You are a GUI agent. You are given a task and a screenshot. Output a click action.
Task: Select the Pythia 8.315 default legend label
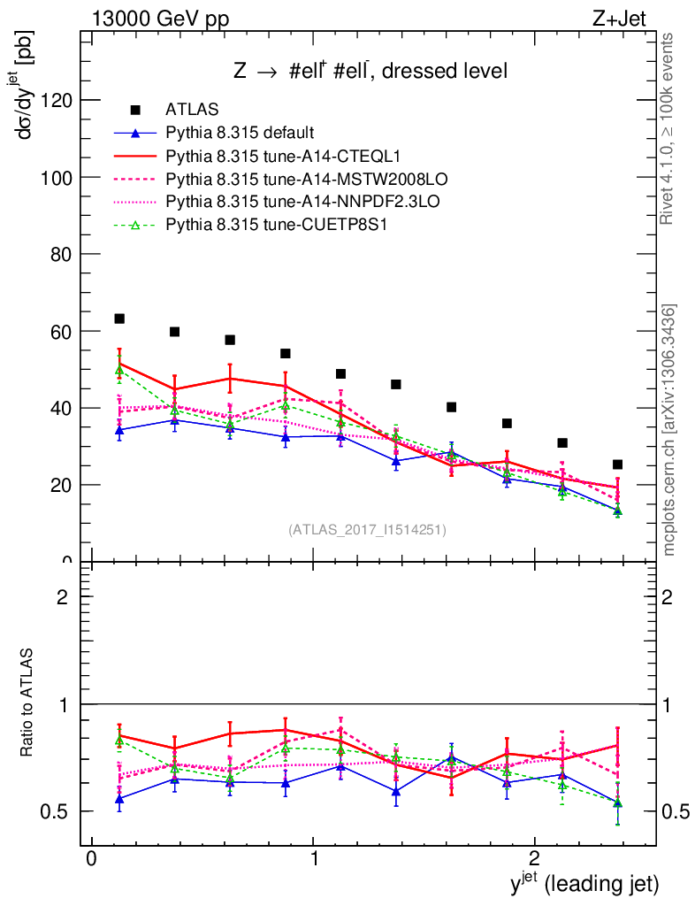click(240, 134)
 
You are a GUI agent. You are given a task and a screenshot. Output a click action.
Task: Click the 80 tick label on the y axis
click(60, 254)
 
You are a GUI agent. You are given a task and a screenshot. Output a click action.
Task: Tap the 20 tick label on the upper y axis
click(60, 485)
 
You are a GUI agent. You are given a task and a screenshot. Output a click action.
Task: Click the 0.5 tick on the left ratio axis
click(54, 811)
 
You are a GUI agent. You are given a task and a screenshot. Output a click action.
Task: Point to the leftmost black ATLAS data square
click(119, 319)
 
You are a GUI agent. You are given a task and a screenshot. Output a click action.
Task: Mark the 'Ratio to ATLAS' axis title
click(27, 703)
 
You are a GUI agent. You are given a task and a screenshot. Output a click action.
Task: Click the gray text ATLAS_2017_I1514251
click(367, 530)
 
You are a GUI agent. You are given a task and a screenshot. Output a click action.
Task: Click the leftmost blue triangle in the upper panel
click(119, 430)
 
